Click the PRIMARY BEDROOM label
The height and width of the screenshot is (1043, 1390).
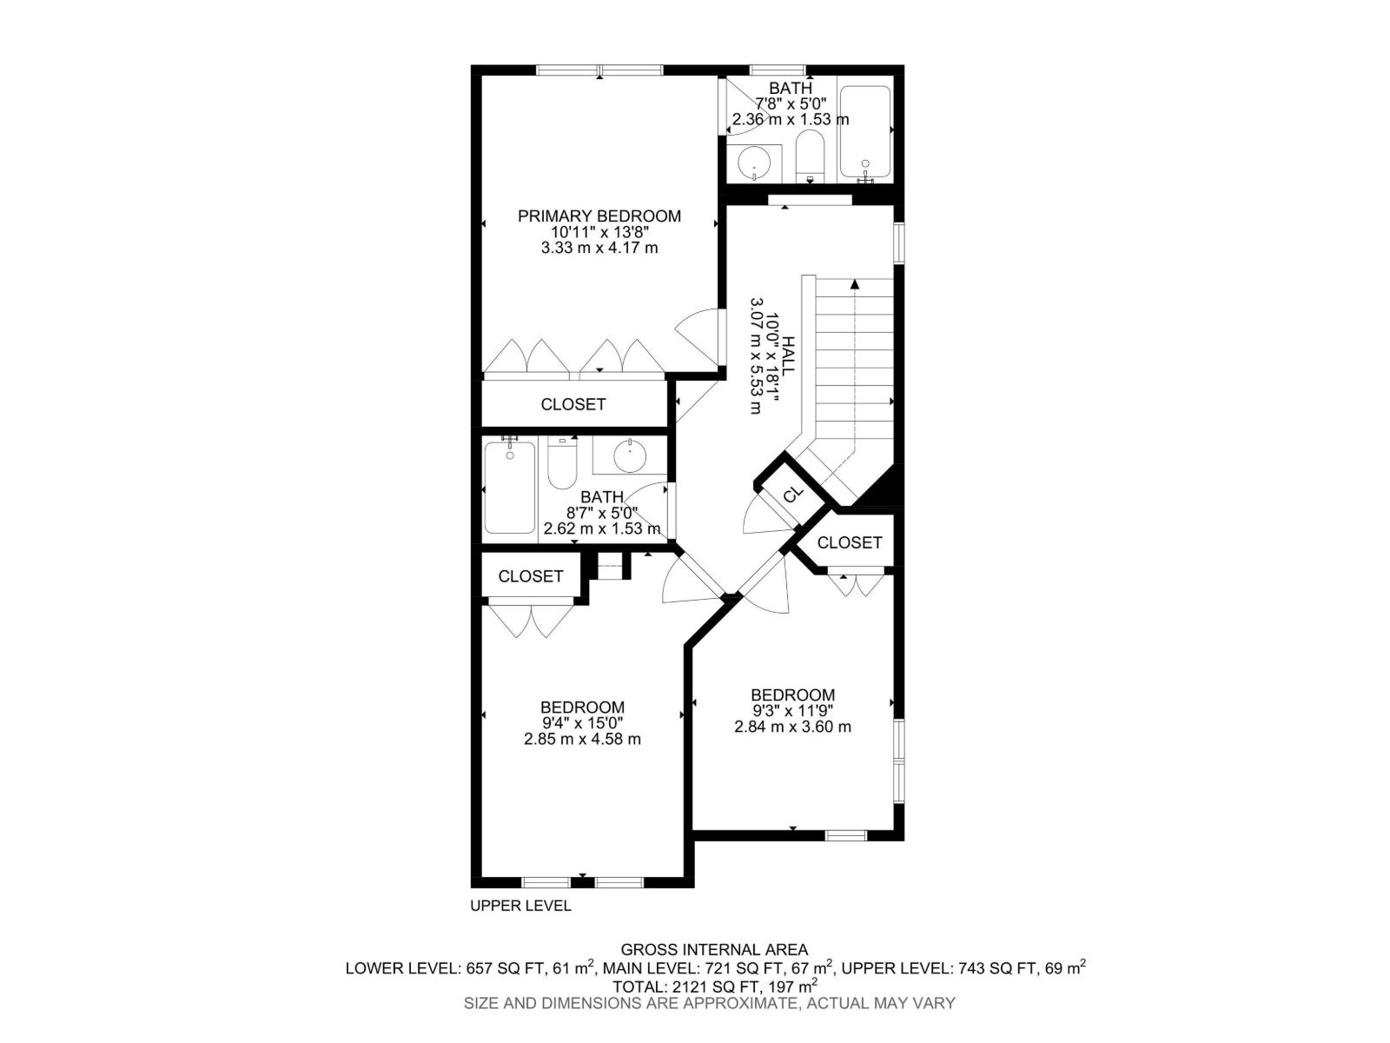(x=599, y=216)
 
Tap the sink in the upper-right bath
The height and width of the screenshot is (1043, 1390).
(x=754, y=163)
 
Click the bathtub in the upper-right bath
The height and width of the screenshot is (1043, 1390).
(x=864, y=132)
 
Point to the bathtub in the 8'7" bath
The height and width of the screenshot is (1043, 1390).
(x=510, y=487)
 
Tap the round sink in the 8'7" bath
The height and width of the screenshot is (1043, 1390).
(x=629, y=454)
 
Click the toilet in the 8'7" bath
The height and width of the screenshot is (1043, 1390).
(x=562, y=466)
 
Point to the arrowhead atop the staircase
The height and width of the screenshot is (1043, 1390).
(x=855, y=283)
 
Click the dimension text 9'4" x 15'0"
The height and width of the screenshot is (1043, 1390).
(x=582, y=723)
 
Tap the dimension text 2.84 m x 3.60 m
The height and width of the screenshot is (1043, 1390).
(x=792, y=727)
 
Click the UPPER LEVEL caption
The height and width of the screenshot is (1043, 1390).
(x=520, y=906)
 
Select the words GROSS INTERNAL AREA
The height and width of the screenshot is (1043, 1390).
(x=714, y=950)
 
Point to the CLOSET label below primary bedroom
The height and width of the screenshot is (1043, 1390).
(x=573, y=404)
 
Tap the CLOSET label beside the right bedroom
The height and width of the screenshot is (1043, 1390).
(x=850, y=542)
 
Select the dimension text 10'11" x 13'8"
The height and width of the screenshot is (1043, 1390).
(x=599, y=232)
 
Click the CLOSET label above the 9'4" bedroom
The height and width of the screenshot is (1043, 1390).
(x=531, y=576)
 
